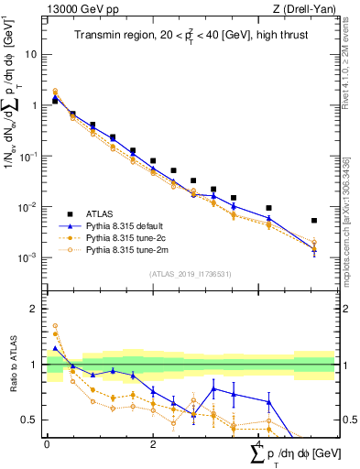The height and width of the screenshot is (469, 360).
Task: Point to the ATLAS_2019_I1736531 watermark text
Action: point(191,274)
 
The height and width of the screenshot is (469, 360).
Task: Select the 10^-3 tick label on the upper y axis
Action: point(28,257)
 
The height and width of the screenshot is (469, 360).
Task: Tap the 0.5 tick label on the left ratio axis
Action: point(30,420)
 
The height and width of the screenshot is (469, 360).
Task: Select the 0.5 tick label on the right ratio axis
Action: point(348,420)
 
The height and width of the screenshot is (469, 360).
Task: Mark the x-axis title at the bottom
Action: point(292,453)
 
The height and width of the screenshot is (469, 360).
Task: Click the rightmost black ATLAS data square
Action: point(314,221)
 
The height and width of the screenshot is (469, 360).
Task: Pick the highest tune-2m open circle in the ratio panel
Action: point(54,325)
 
